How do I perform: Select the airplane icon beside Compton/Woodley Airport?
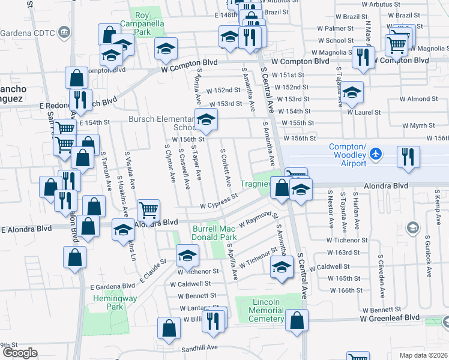(376, 154)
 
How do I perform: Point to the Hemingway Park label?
(107, 302)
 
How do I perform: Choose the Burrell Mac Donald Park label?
(215, 233)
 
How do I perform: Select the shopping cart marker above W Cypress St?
(148, 210)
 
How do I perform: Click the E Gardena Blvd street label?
(112, 286)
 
